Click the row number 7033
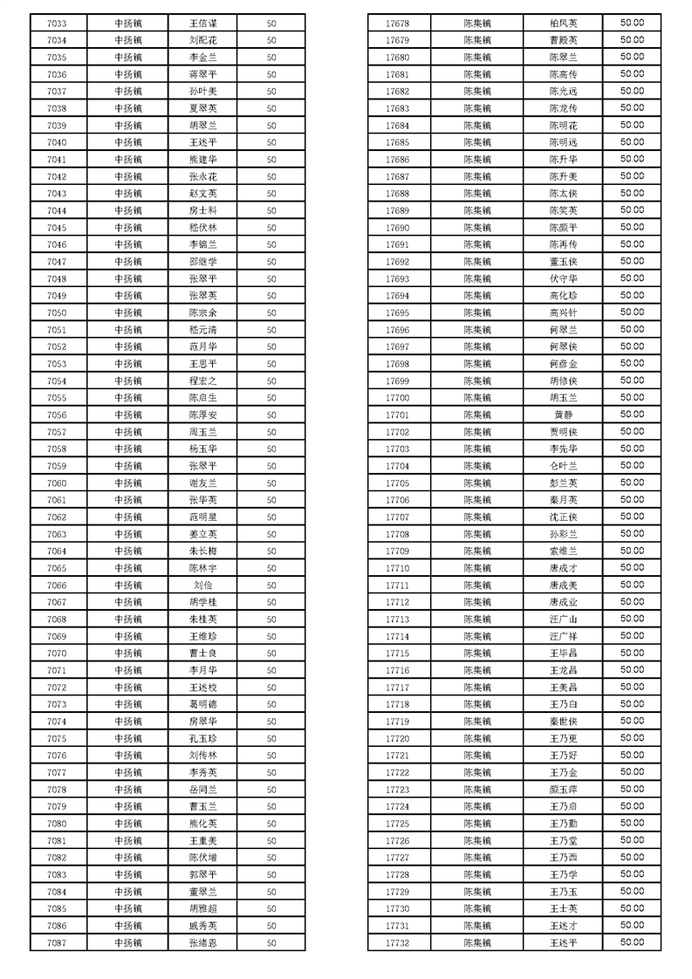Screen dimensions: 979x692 [x=57, y=24]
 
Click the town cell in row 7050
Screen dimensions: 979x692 [x=128, y=313]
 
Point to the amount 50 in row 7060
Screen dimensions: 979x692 [x=271, y=483]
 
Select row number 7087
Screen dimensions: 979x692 [x=57, y=943]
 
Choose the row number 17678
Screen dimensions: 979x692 [x=397, y=24]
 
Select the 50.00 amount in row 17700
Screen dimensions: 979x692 [x=632, y=398]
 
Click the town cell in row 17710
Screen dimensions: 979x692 [x=477, y=568]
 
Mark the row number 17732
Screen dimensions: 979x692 [x=397, y=943]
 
